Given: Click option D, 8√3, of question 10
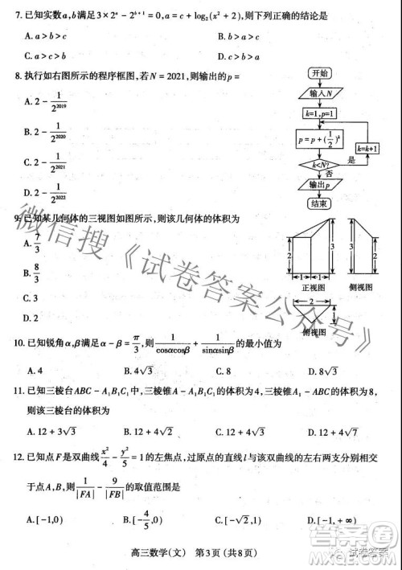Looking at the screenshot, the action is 326,371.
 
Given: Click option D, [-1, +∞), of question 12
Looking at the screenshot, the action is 334,521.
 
